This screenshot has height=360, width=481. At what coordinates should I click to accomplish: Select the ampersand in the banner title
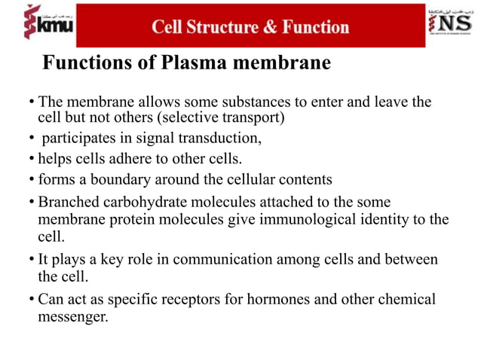(x=269, y=28)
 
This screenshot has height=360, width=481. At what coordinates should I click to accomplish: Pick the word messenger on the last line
(x=72, y=316)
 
